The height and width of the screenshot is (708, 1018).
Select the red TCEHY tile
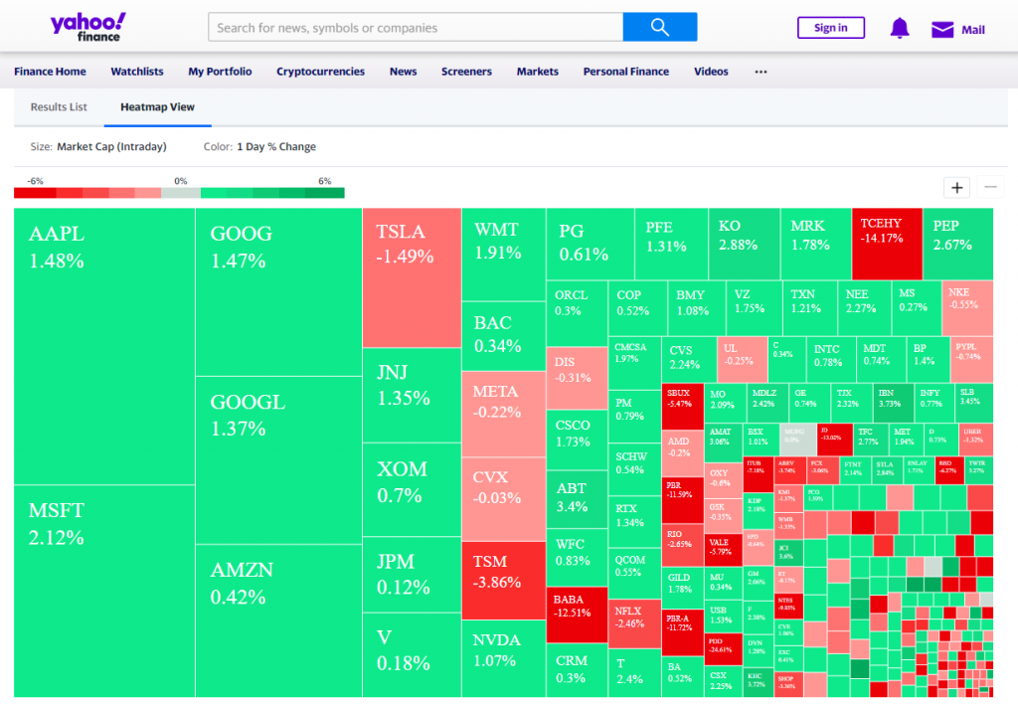887,244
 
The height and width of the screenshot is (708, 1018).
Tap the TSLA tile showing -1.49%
412,277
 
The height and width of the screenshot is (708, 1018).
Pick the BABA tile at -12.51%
577,615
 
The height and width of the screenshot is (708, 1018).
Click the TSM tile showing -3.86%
503,580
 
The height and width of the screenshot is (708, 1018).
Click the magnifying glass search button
660,27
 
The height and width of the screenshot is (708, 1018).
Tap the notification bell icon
900,28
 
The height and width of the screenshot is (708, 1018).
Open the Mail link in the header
958,29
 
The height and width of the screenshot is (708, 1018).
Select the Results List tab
59,106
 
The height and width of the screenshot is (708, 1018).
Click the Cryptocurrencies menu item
320,72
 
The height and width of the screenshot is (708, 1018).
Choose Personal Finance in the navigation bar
625,72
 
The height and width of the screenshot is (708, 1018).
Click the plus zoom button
957,187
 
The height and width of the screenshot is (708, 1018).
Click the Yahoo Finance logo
88,27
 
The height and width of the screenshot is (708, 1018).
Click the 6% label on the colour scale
324,181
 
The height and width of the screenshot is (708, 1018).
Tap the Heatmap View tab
157,106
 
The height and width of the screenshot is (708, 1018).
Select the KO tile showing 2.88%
744,244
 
